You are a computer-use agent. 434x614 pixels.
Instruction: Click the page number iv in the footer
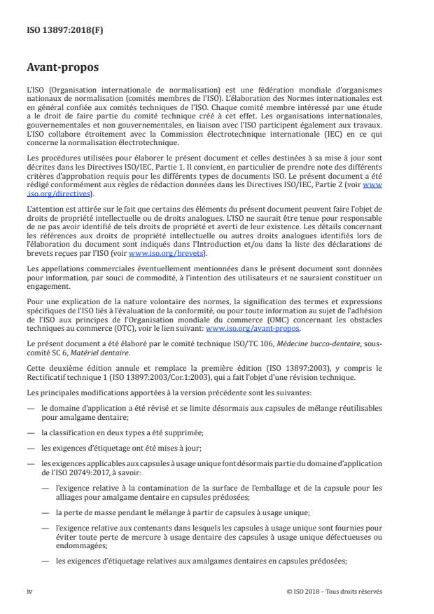click(29, 590)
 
